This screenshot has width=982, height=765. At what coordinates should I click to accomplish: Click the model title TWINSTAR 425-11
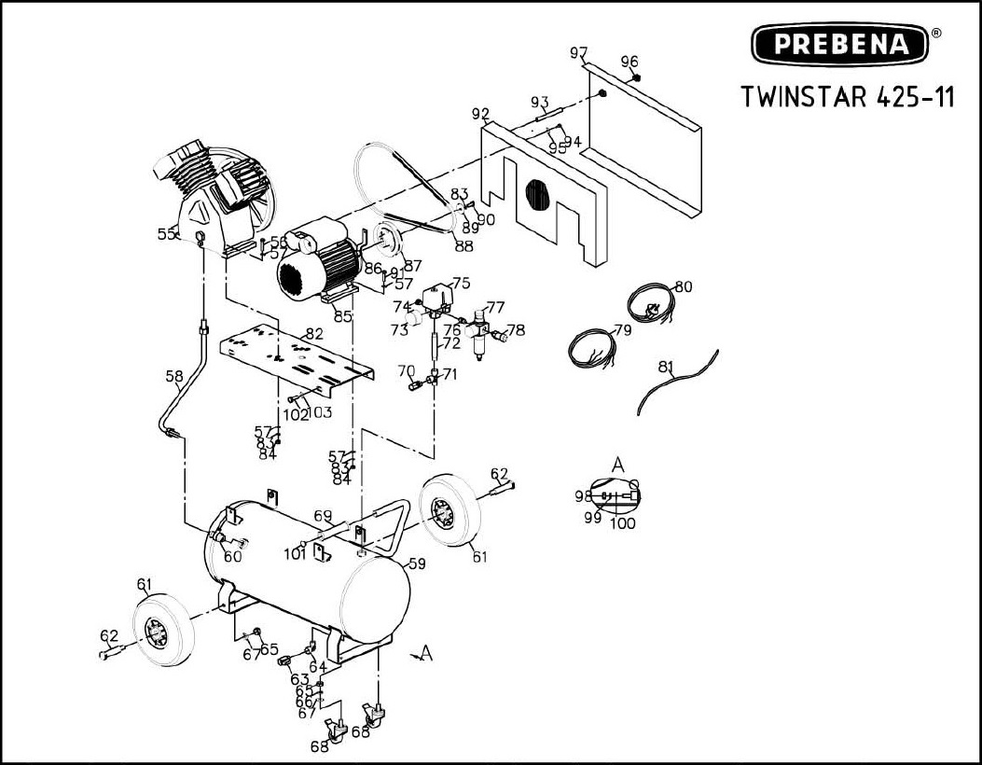point(847,97)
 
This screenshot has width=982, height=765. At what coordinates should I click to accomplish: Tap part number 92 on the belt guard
point(480,115)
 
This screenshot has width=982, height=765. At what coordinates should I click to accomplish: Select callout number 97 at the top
point(579,52)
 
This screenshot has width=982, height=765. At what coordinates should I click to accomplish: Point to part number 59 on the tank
point(417,563)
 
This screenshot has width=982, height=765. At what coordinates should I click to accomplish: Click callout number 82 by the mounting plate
point(314,334)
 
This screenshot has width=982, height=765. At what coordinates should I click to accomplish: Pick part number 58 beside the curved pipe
point(174,377)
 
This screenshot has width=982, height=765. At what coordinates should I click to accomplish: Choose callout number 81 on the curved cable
point(666,368)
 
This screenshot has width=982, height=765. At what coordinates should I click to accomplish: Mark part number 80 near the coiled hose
point(684,287)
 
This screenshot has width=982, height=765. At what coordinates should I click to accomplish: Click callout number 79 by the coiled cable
point(622,330)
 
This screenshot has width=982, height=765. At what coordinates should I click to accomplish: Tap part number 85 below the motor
point(343,316)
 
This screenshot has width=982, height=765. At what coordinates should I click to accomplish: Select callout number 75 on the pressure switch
point(461,283)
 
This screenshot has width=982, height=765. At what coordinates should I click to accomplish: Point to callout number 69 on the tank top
point(323,516)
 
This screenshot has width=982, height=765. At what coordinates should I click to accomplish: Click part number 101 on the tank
point(295,555)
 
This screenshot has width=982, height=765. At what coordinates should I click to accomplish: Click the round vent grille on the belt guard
point(539,195)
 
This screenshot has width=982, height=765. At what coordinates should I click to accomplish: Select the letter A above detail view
point(617,465)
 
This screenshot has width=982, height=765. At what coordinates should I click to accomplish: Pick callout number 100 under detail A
point(622,523)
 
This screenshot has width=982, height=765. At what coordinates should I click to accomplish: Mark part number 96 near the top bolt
point(629,63)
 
